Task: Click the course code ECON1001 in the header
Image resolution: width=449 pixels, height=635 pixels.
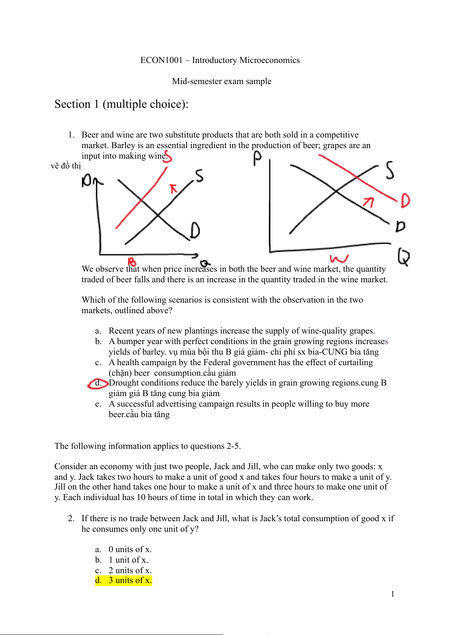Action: (161, 60)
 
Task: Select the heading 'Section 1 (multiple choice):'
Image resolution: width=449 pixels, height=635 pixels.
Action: (121, 104)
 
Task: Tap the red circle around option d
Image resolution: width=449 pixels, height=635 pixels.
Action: (98, 383)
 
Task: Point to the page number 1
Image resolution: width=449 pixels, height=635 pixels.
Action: (392, 594)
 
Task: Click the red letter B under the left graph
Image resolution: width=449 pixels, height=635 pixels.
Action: (132, 262)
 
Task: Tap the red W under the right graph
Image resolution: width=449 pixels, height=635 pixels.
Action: (339, 259)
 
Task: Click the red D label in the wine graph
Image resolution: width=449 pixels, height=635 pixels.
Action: (405, 200)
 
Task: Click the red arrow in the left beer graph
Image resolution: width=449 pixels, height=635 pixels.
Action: (173, 188)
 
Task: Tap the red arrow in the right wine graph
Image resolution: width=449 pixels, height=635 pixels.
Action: (368, 202)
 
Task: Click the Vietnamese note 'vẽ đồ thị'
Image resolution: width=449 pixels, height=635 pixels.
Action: (66, 166)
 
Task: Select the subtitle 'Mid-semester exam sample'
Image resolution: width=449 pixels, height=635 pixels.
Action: (222, 81)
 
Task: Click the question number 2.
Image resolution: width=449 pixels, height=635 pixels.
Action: (71, 519)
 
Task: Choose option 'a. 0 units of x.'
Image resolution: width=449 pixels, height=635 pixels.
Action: (130, 549)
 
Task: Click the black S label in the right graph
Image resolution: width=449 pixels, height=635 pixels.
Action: (390, 170)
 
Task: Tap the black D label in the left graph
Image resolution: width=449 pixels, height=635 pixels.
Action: (195, 230)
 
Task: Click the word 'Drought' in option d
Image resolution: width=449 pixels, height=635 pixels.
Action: (123, 383)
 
